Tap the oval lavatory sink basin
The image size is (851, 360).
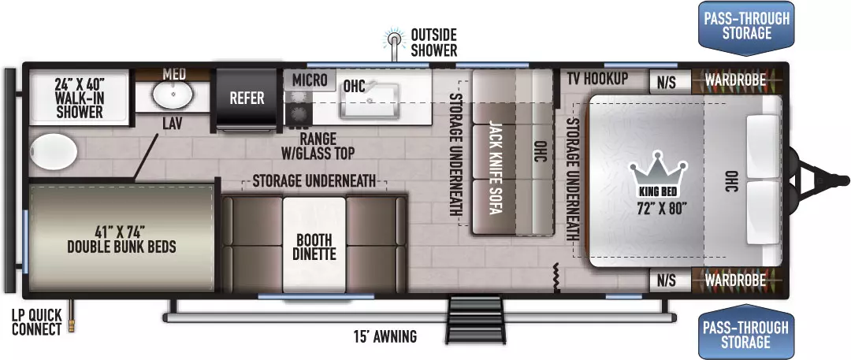[x=173, y=94]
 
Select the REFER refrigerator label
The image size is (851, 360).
[x=247, y=98]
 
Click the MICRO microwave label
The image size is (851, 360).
[x=310, y=80]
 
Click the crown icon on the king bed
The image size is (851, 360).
[x=658, y=170]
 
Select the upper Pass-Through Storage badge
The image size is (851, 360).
[x=746, y=27]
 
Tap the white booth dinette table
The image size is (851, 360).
[x=314, y=245]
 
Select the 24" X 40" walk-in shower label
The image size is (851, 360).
[x=79, y=98]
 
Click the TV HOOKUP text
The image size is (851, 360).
[x=597, y=79]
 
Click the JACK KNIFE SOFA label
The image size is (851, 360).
[x=494, y=167]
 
